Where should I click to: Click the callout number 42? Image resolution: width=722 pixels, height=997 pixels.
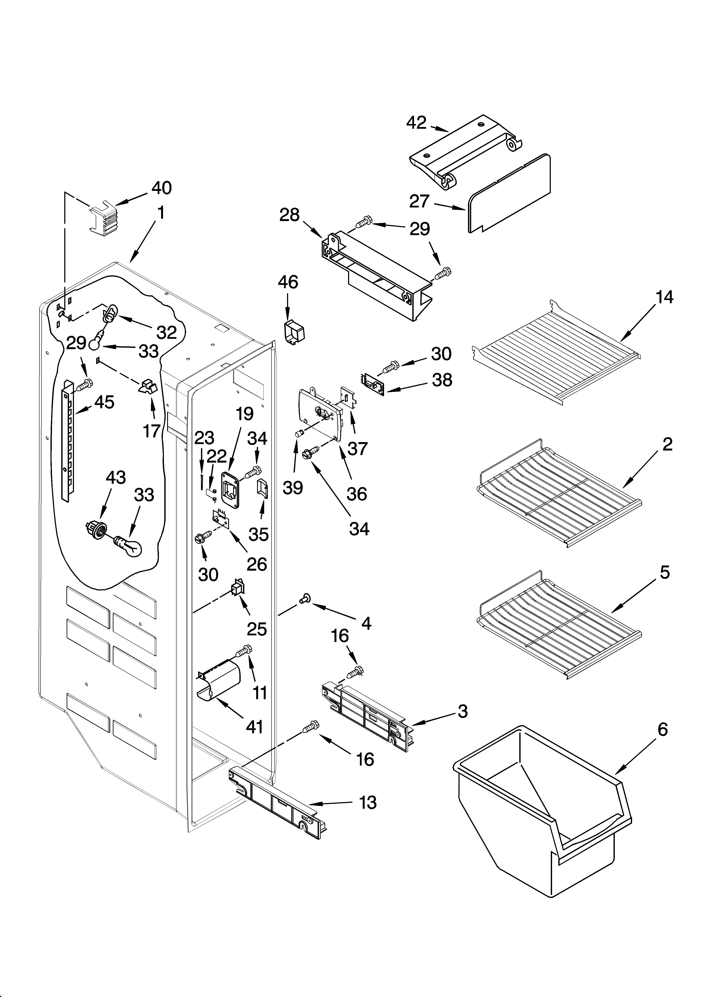coord(416,123)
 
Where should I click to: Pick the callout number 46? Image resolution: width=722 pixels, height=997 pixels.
coord(288,282)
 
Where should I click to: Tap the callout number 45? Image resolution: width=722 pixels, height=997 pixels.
coord(104,402)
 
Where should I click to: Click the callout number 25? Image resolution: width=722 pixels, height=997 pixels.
coord(257,629)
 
